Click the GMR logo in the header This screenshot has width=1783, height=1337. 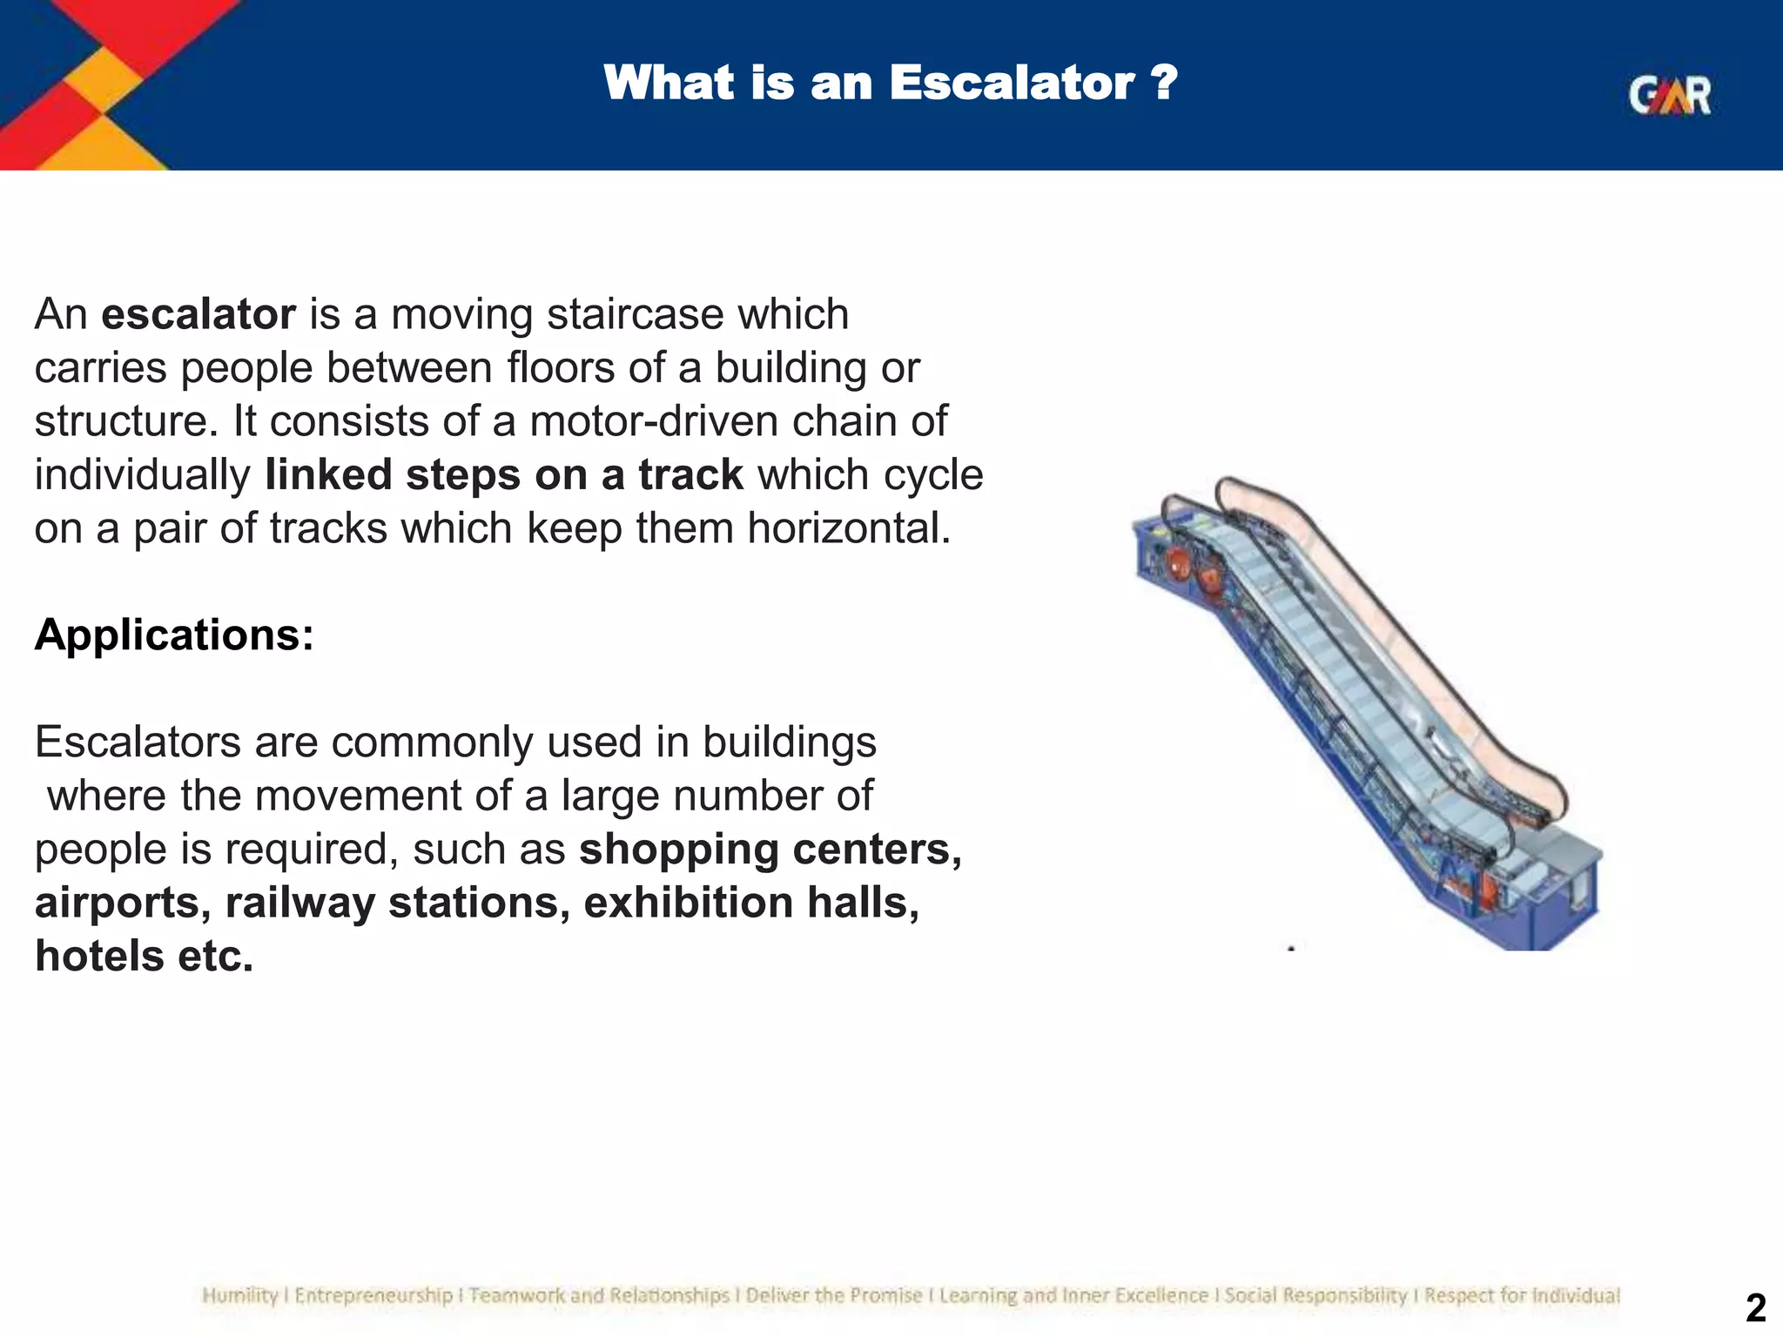tap(1669, 96)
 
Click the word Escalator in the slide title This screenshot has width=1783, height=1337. tap(1011, 84)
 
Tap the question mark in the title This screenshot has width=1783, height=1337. tap(1164, 84)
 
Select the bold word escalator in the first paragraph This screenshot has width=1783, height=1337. tap(198, 314)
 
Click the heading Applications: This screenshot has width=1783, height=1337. tap(174, 635)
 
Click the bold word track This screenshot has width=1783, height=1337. tap(690, 475)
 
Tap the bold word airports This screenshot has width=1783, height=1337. tap(122, 903)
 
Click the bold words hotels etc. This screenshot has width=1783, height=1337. tap(144, 957)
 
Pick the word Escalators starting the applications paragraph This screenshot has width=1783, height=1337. tap(138, 742)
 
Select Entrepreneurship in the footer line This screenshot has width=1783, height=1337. tap(373, 1296)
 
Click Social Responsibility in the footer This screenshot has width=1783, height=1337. tap(1315, 1296)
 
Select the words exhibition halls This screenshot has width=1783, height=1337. tap(750, 903)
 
